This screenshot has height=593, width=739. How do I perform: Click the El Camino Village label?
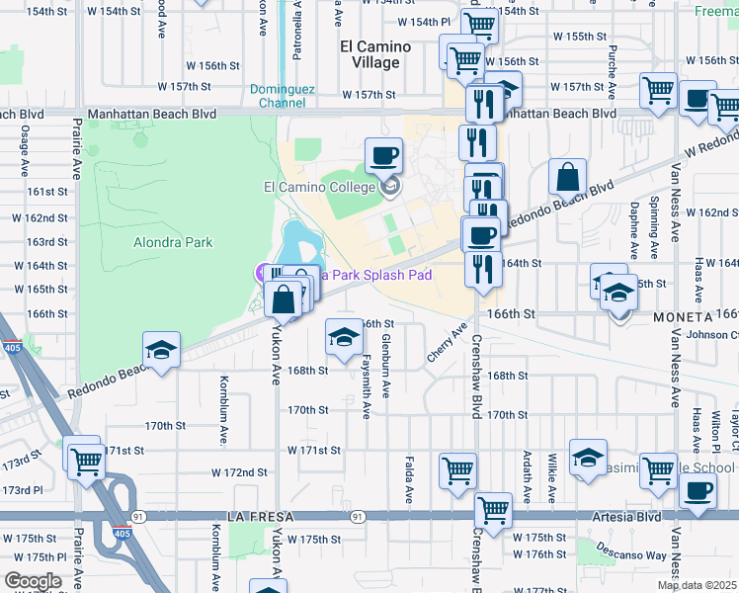(x=369, y=54)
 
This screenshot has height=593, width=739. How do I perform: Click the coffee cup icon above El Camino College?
(x=383, y=155)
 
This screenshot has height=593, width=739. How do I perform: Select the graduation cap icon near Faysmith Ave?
(x=343, y=338)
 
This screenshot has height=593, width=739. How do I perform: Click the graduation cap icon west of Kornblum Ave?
(x=161, y=349)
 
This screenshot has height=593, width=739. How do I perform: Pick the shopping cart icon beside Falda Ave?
(x=456, y=471)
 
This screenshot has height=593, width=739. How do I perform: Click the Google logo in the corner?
(x=33, y=581)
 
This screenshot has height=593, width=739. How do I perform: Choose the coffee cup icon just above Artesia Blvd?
(x=698, y=491)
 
